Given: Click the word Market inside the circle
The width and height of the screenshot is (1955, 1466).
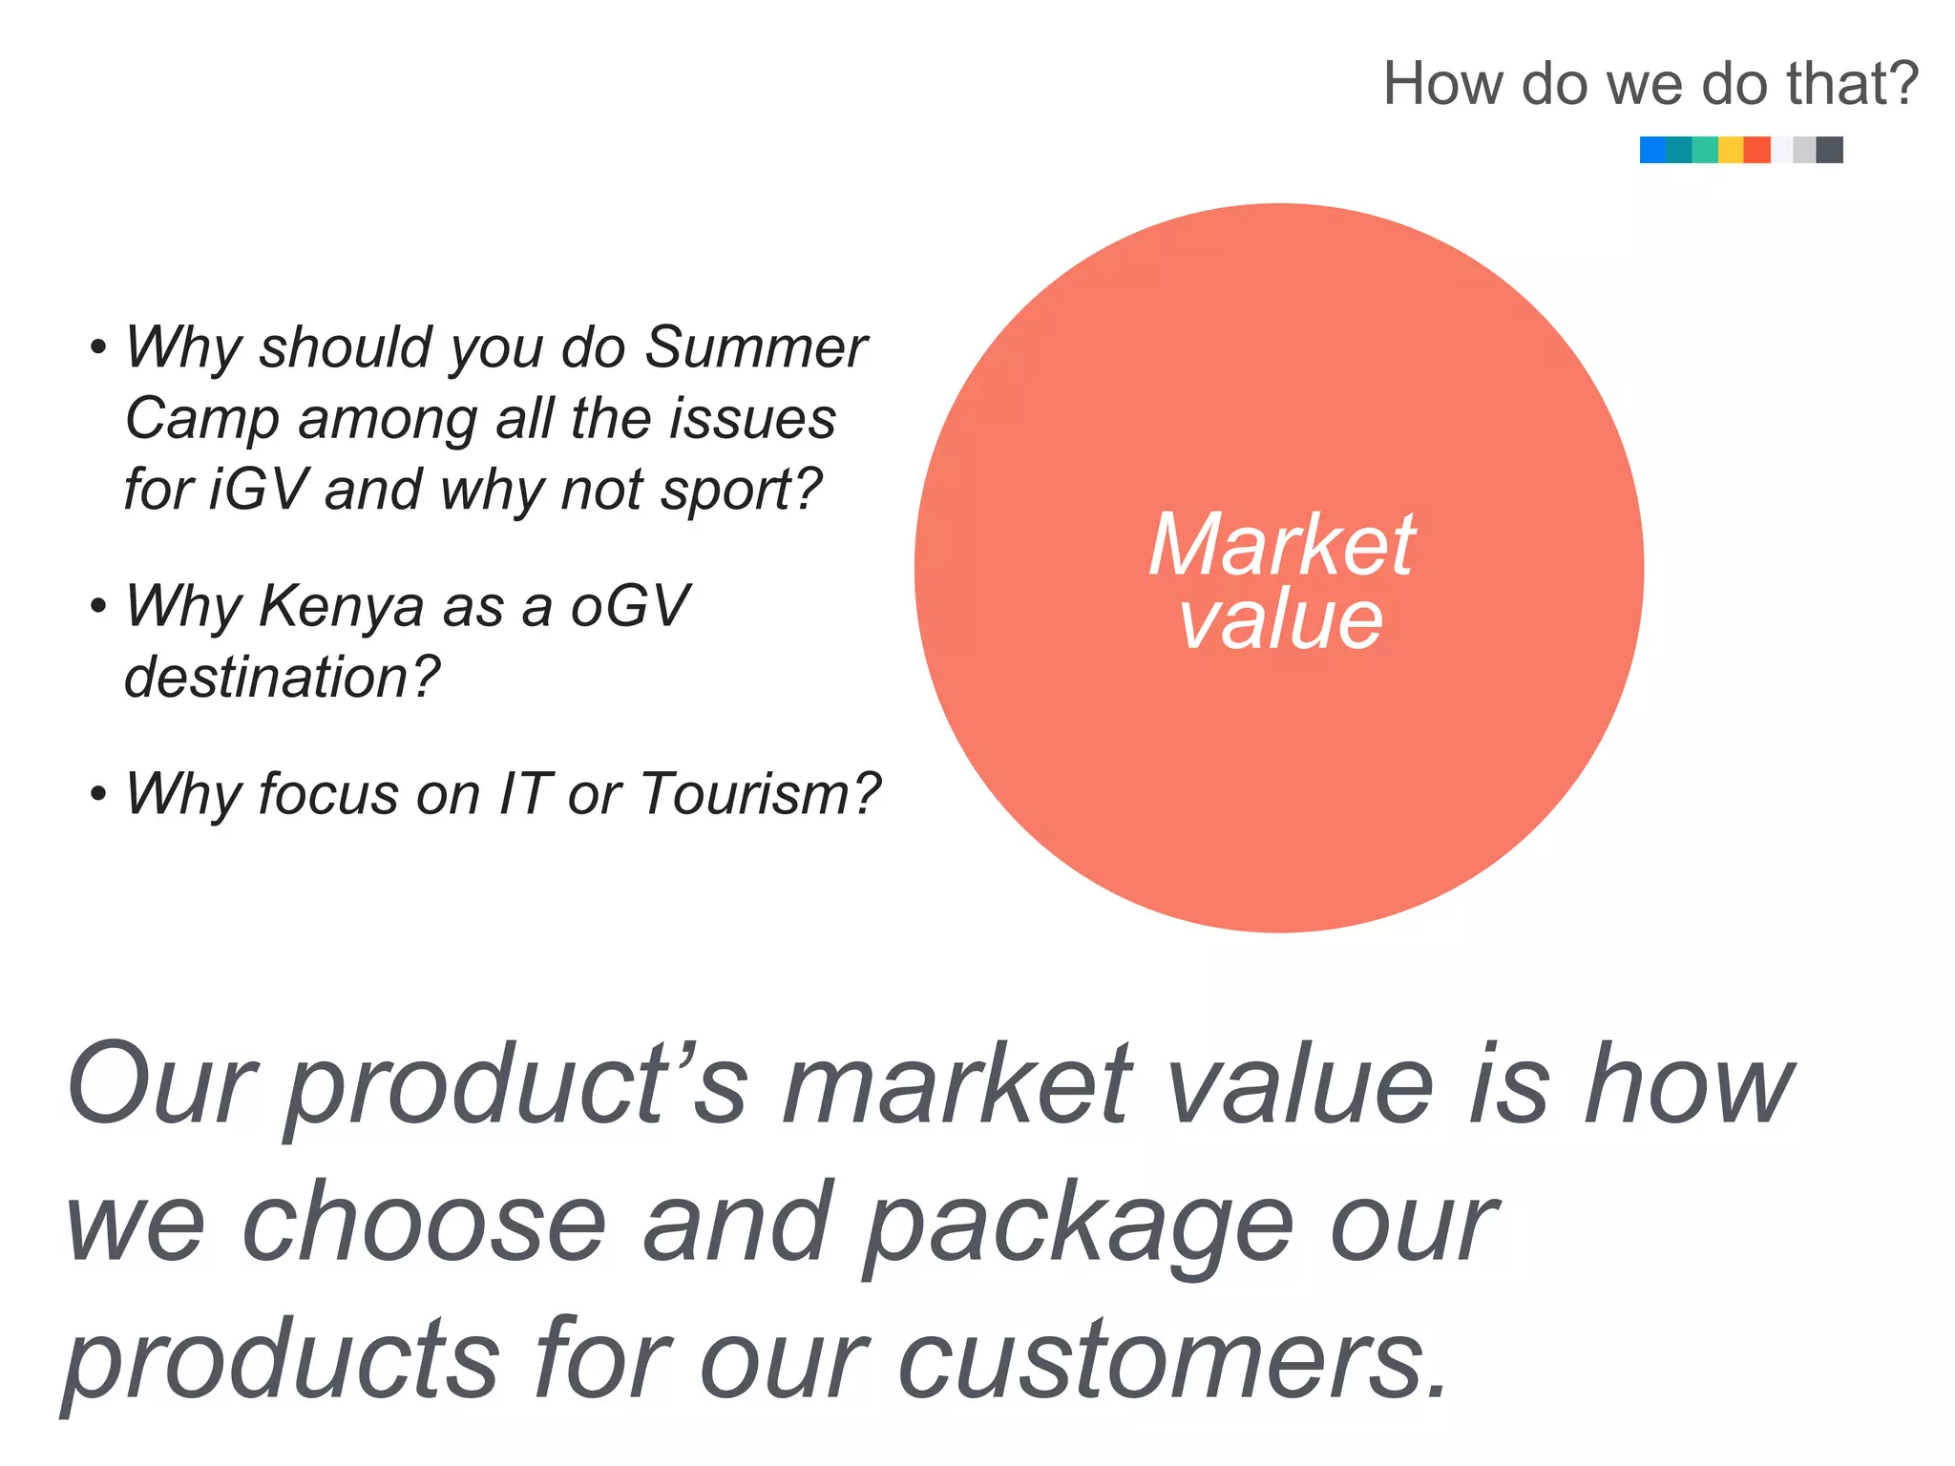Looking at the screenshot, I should point(1281,545).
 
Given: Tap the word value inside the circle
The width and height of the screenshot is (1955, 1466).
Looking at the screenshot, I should point(1281,620).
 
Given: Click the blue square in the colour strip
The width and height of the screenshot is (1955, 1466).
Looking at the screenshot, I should point(1652,150).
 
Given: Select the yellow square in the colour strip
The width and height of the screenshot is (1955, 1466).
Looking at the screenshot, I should point(1730,150).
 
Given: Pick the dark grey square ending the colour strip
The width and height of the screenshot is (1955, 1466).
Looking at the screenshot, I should point(1829,150).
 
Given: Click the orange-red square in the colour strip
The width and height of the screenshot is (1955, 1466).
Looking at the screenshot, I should point(1756,150).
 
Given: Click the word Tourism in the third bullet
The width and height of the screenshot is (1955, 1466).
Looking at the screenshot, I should point(759,794).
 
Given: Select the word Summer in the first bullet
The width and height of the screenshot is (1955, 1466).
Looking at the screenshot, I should point(755,347).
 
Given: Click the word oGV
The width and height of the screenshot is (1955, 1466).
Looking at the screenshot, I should point(629,607).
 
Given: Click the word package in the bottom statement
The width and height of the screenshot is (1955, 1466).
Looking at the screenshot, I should point(1078,1225).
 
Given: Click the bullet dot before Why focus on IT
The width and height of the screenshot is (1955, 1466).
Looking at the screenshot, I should point(97,794).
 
